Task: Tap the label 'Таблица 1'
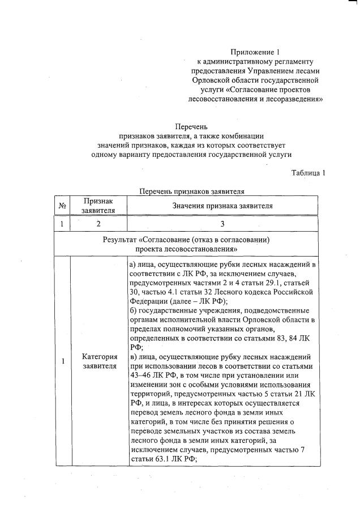(x=308, y=173)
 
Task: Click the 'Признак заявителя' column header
(x=98, y=206)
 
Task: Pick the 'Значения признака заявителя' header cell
(x=222, y=206)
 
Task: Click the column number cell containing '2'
(x=98, y=224)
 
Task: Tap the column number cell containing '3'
(x=222, y=224)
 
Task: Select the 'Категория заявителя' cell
(x=99, y=361)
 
